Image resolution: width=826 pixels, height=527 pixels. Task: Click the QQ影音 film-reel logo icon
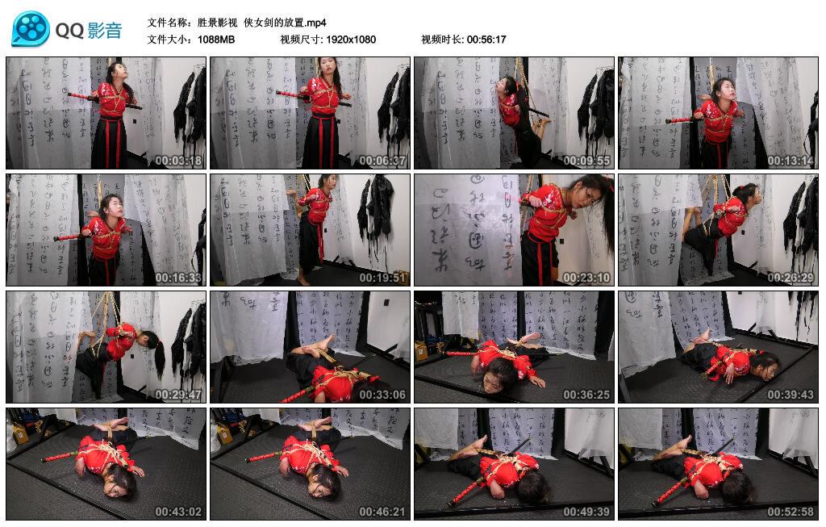pos(31,29)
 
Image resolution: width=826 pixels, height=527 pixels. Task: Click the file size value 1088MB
pos(216,39)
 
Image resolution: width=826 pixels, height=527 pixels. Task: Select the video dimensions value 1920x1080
pos(351,39)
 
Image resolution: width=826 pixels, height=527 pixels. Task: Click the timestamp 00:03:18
pos(178,161)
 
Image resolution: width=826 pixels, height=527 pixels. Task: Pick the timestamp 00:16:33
pos(178,278)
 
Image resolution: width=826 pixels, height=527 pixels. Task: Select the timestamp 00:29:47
pos(178,395)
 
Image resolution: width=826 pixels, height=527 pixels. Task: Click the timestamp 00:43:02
pos(178,512)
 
